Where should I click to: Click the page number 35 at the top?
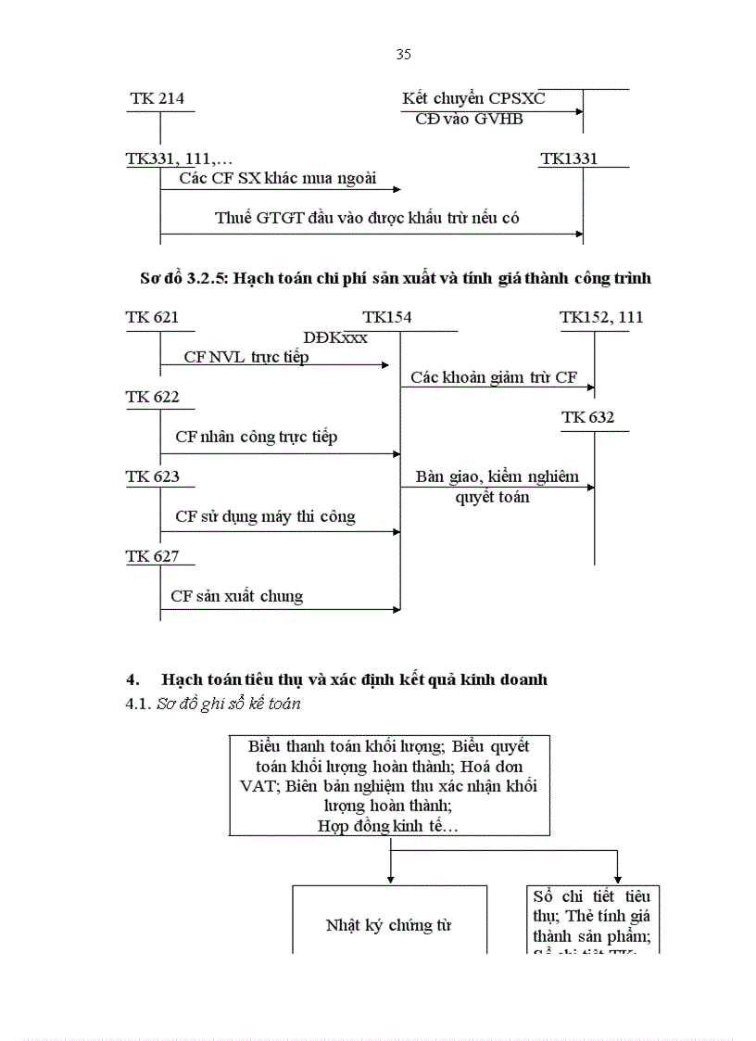[403, 55]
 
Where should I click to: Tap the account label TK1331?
[569, 159]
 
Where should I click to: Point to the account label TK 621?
[152, 318]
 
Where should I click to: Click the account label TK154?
[387, 318]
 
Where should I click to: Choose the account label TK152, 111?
[601, 318]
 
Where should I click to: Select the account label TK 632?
[587, 417]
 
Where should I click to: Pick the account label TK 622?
[152, 398]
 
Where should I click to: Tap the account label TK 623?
[152, 476]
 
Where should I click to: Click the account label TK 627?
[152, 556]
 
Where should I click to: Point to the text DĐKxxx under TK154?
[335, 337]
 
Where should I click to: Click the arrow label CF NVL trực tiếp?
[246, 357]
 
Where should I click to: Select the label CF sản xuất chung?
[236, 596]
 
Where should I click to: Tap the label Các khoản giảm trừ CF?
[494, 377]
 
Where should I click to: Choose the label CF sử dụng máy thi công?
[265, 516]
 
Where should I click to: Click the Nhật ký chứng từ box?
[389, 924]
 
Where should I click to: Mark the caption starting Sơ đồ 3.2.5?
[395, 278]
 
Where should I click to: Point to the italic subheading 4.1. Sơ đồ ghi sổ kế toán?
[212, 704]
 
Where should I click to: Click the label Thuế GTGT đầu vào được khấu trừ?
[367, 218]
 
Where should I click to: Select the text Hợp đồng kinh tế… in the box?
[388, 825]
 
